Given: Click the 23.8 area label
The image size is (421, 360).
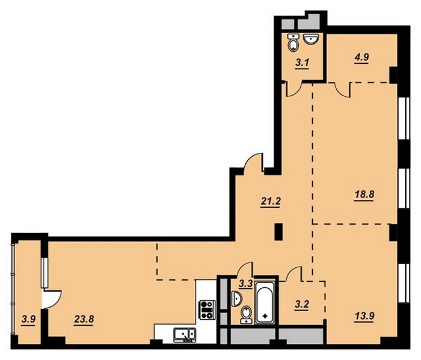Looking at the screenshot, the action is [84, 320].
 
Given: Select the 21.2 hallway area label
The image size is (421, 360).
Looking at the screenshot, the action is [271, 201].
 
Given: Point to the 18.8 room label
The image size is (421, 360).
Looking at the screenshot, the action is [364, 194].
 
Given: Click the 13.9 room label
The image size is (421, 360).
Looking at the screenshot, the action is [364, 316].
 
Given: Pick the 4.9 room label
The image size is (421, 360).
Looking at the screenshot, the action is [361, 57].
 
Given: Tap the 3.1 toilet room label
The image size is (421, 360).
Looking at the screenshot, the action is [302, 64].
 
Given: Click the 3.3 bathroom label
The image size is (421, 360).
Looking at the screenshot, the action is [245, 284].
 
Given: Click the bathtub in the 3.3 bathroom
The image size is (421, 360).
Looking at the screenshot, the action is [265, 302].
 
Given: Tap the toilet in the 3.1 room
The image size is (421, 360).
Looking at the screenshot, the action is [293, 43].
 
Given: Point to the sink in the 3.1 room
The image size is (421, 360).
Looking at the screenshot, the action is [311, 39].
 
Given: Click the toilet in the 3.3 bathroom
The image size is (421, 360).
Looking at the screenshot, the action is [245, 315].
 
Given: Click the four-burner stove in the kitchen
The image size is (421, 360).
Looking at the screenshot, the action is [207, 310].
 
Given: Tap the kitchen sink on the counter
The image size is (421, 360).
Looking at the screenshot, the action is [185, 335].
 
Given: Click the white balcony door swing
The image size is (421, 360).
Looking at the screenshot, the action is [52, 299].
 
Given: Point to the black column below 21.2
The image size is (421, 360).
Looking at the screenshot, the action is [278, 232].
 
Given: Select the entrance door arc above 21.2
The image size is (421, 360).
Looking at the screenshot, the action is [253, 162].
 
